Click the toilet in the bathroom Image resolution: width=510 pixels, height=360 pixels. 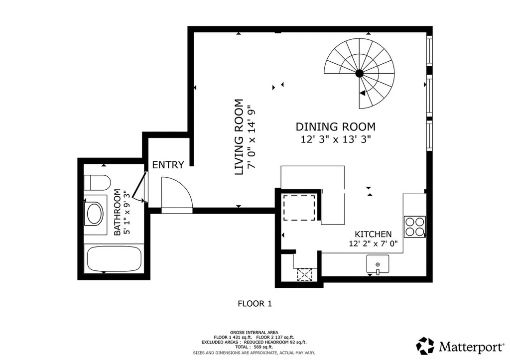[x=97, y=183]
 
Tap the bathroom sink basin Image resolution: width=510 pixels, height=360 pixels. [x=95, y=214]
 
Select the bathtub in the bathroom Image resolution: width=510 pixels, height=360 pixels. [x=114, y=259]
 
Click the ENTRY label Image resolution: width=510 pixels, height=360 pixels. [x=168, y=165]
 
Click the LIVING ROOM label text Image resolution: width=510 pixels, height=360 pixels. [x=239, y=137]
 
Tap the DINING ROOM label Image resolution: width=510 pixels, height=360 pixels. [x=335, y=126]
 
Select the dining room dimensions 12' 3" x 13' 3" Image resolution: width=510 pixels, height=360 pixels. [x=336, y=139]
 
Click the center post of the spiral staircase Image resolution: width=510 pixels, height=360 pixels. [x=359, y=74]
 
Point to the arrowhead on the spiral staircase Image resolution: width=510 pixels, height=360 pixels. [x=363, y=93]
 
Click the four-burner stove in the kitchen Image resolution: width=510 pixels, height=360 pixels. [x=415, y=227]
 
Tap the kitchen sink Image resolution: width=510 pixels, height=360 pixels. [x=378, y=264]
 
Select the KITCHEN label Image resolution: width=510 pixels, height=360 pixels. [x=373, y=234]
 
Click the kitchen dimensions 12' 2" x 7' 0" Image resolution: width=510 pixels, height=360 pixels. [x=374, y=243]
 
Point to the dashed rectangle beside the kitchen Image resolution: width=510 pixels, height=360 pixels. [x=299, y=208]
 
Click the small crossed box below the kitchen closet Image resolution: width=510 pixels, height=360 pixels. [x=304, y=275]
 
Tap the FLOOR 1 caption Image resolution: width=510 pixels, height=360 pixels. [x=255, y=304]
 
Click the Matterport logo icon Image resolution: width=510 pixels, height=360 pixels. [x=425, y=346]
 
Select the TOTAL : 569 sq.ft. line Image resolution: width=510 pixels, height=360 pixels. [x=254, y=347]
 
